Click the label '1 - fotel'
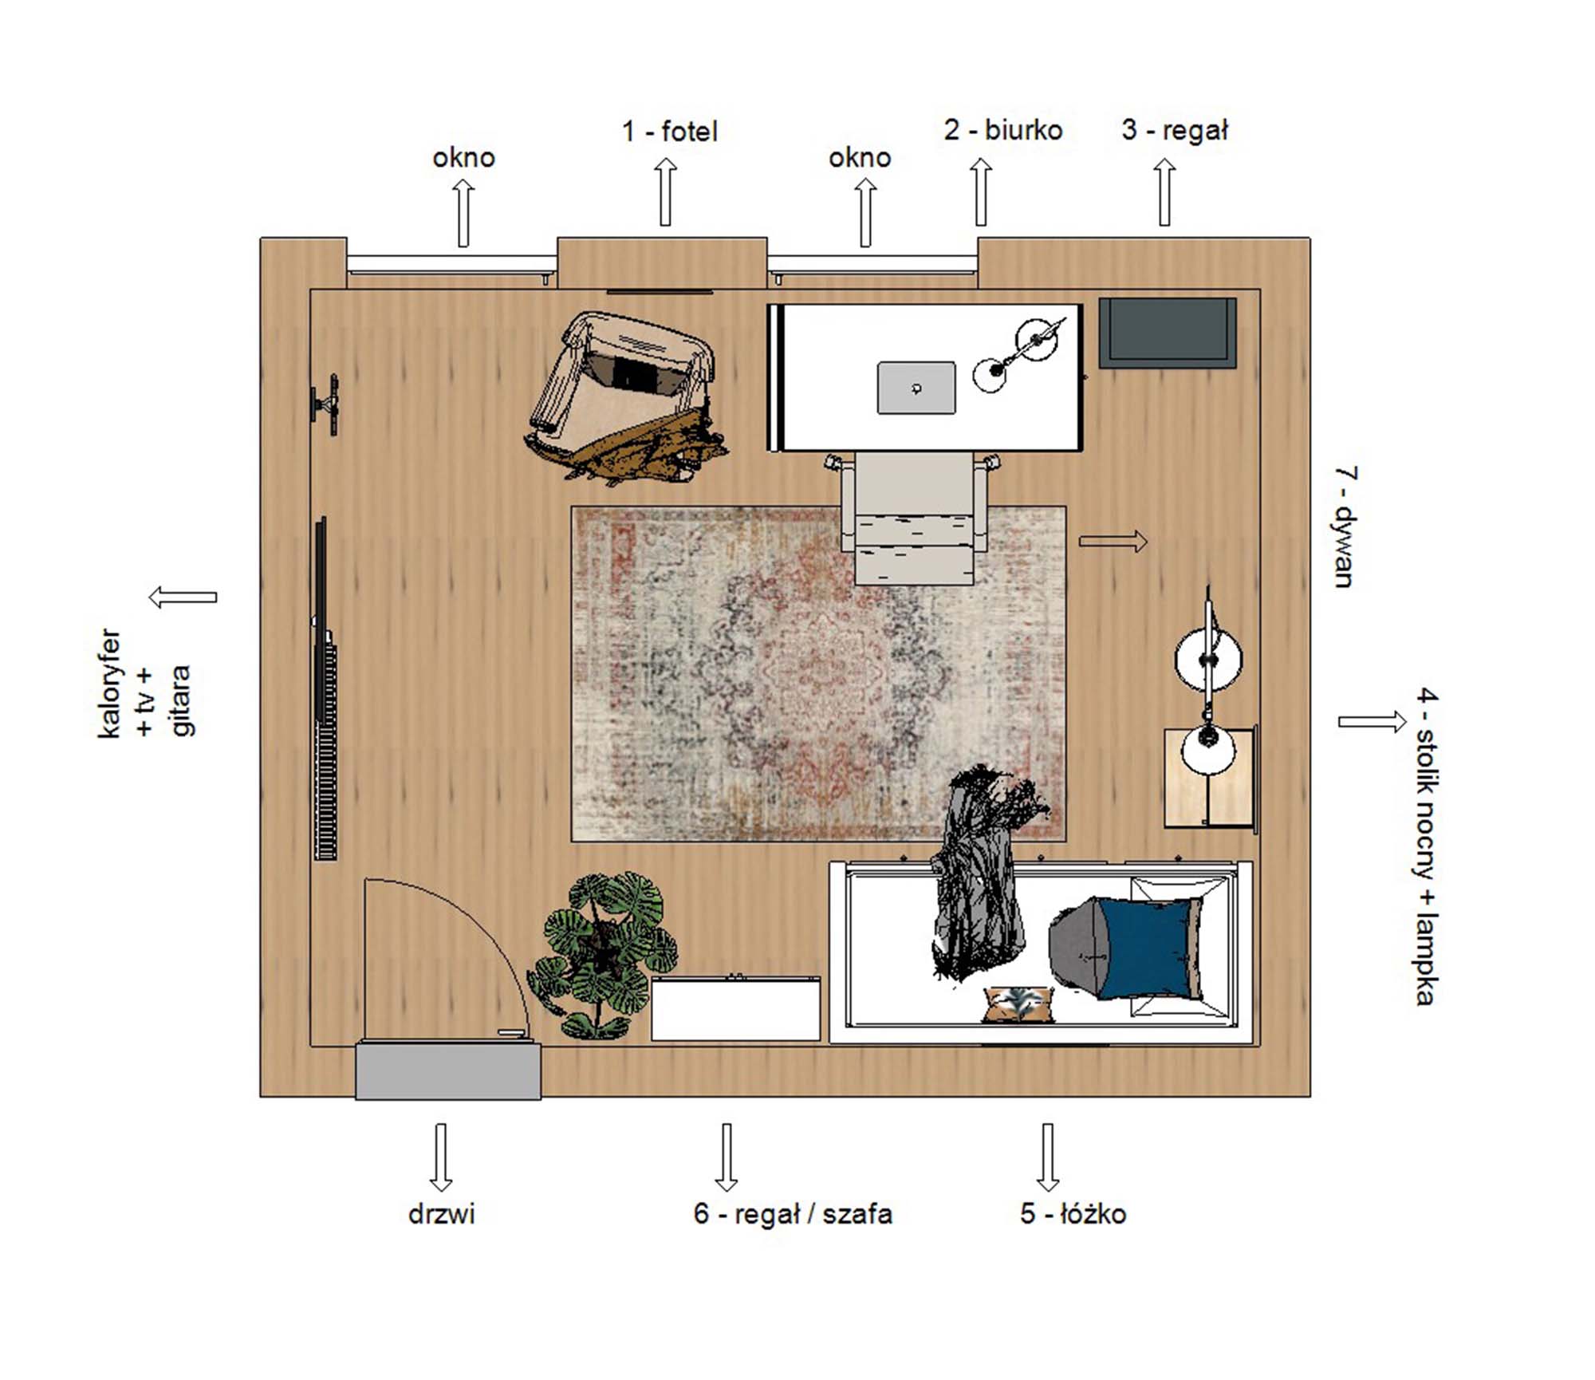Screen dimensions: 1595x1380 [669, 132]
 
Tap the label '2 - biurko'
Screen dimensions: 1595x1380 [1003, 130]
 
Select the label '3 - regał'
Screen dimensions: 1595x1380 [1175, 131]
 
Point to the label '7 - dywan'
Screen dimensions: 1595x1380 [1345, 527]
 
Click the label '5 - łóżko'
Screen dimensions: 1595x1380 [1073, 1213]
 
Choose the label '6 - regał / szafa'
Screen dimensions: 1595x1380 [793, 1213]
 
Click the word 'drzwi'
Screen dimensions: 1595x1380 [441, 1214]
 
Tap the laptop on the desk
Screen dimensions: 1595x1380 [916, 388]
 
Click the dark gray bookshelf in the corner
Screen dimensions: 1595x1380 [1168, 333]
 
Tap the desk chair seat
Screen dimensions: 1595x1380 [916, 519]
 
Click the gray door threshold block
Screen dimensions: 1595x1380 [448, 1071]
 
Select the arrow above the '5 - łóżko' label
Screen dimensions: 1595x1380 [1048, 1157]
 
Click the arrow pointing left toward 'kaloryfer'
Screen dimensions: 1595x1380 [183, 597]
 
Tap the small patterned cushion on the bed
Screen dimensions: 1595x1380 [1019, 1004]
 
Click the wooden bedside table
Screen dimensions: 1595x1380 [1209, 778]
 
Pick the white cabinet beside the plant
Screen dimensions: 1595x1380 [735, 1008]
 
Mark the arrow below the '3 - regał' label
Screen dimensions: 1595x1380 [1165, 191]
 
